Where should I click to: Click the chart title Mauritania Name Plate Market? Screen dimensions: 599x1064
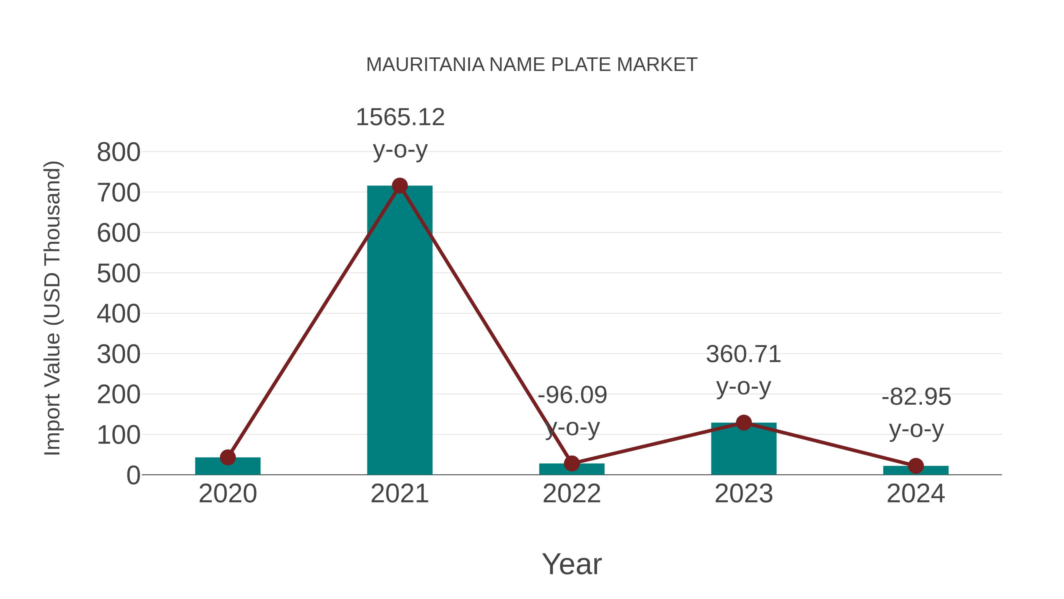[532, 65]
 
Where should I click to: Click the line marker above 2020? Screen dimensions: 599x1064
[228, 457]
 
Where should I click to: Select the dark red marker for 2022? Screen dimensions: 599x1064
[572, 464]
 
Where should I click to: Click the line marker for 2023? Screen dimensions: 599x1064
[744, 422]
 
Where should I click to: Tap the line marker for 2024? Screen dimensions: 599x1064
[916, 466]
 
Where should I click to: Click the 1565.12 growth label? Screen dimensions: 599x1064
[400, 117]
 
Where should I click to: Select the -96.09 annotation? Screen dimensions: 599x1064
[572, 395]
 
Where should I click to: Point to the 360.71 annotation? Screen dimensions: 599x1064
[744, 355]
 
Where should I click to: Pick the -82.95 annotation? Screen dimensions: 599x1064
[916, 397]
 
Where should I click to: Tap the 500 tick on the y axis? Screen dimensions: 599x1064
[119, 274]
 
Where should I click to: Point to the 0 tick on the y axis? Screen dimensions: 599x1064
[133, 475]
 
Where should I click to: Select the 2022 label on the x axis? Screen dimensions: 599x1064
[572, 494]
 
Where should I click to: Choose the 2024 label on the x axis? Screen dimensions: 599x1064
[916, 494]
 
